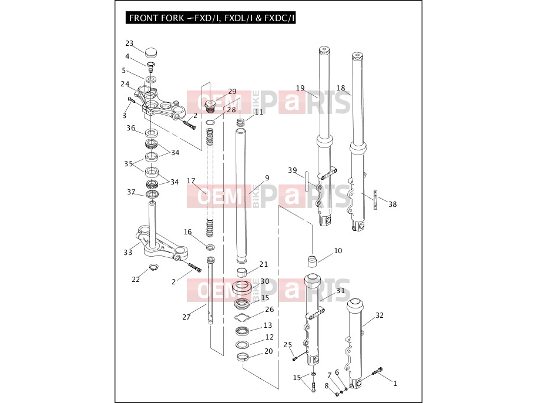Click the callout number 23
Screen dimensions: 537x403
click(129, 43)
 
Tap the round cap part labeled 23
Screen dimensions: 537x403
click(152, 53)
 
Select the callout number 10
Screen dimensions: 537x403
click(338, 251)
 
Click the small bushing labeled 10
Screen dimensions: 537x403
click(311, 261)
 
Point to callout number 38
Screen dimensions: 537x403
click(392, 204)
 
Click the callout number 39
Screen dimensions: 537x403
click(293, 170)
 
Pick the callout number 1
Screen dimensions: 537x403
click(395, 384)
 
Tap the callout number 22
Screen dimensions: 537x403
click(136, 280)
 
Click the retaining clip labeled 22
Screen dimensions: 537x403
click(154, 267)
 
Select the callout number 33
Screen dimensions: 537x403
click(127, 253)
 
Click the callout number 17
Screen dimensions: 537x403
click(191, 181)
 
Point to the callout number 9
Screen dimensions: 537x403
click(267, 177)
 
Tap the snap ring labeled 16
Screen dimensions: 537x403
click(210, 247)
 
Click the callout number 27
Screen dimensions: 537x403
click(186, 317)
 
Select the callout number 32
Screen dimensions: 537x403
click(380, 315)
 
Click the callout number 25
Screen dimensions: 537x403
click(288, 344)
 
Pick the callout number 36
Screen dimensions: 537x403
click(131, 127)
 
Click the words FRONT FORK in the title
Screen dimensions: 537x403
click(156, 18)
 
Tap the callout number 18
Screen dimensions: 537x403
click(341, 88)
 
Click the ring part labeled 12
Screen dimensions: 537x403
click(242, 344)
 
